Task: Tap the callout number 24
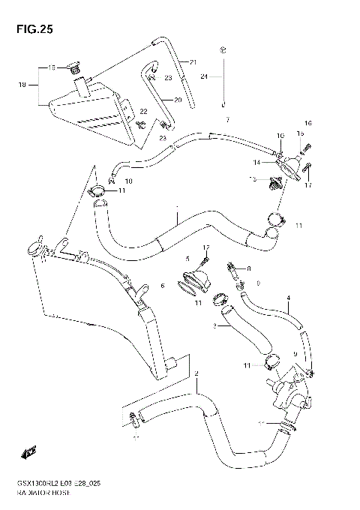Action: click(x=204, y=76)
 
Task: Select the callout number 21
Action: click(x=193, y=61)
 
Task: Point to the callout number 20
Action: click(x=178, y=100)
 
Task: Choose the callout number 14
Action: click(x=256, y=162)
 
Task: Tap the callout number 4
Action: click(x=287, y=298)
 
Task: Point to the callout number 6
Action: click(x=161, y=286)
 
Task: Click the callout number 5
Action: click(x=188, y=259)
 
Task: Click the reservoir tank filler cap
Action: click(x=73, y=70)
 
